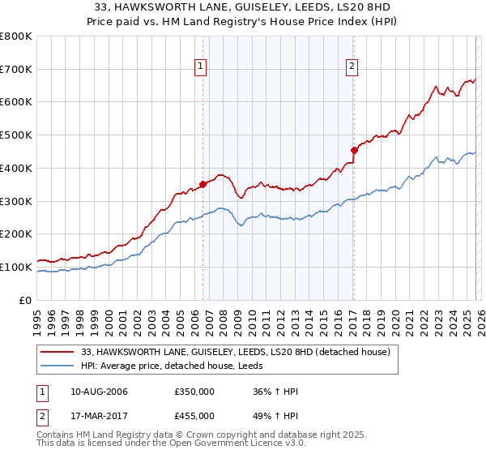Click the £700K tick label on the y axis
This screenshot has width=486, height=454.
tap(15, 69)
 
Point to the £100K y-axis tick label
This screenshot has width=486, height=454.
tap(15, 267)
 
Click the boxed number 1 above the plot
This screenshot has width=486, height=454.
tap(200, 67)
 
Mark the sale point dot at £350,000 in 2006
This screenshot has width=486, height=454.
tap(202, 184)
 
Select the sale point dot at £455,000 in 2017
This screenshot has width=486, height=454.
tap(354, 149)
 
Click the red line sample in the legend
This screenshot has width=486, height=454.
tap(58, 352)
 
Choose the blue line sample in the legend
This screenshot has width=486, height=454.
tap(58, 366)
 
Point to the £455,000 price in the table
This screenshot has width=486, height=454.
tap(194, 415)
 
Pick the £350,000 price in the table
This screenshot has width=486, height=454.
tap(194, 392)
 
